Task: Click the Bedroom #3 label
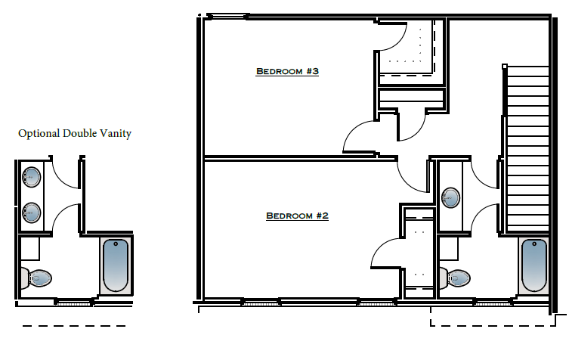(x=287, y=72)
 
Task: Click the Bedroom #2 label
(x=297, y=216)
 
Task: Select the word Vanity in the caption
(x=116, y=134)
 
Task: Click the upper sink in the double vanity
(x=32, y=177)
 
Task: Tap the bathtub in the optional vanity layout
(x=116, y=265)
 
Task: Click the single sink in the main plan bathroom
(x=450, y=198)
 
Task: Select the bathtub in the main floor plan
(x=533, y=265)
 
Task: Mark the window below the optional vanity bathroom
(x=73, y=302)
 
